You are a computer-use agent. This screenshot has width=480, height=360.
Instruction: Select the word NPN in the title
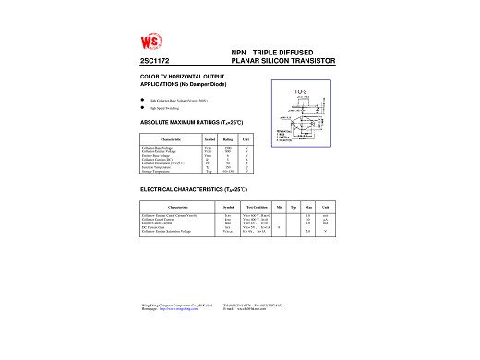[x=238, y=53]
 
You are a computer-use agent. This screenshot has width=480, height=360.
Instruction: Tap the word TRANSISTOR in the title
[x=313, y=61]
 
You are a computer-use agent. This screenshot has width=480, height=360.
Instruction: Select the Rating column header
[x=227, y=138]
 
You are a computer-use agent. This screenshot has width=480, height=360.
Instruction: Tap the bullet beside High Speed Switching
[x=141, y=108]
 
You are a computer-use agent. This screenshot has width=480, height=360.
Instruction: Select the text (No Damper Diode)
[x=203, y=83]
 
